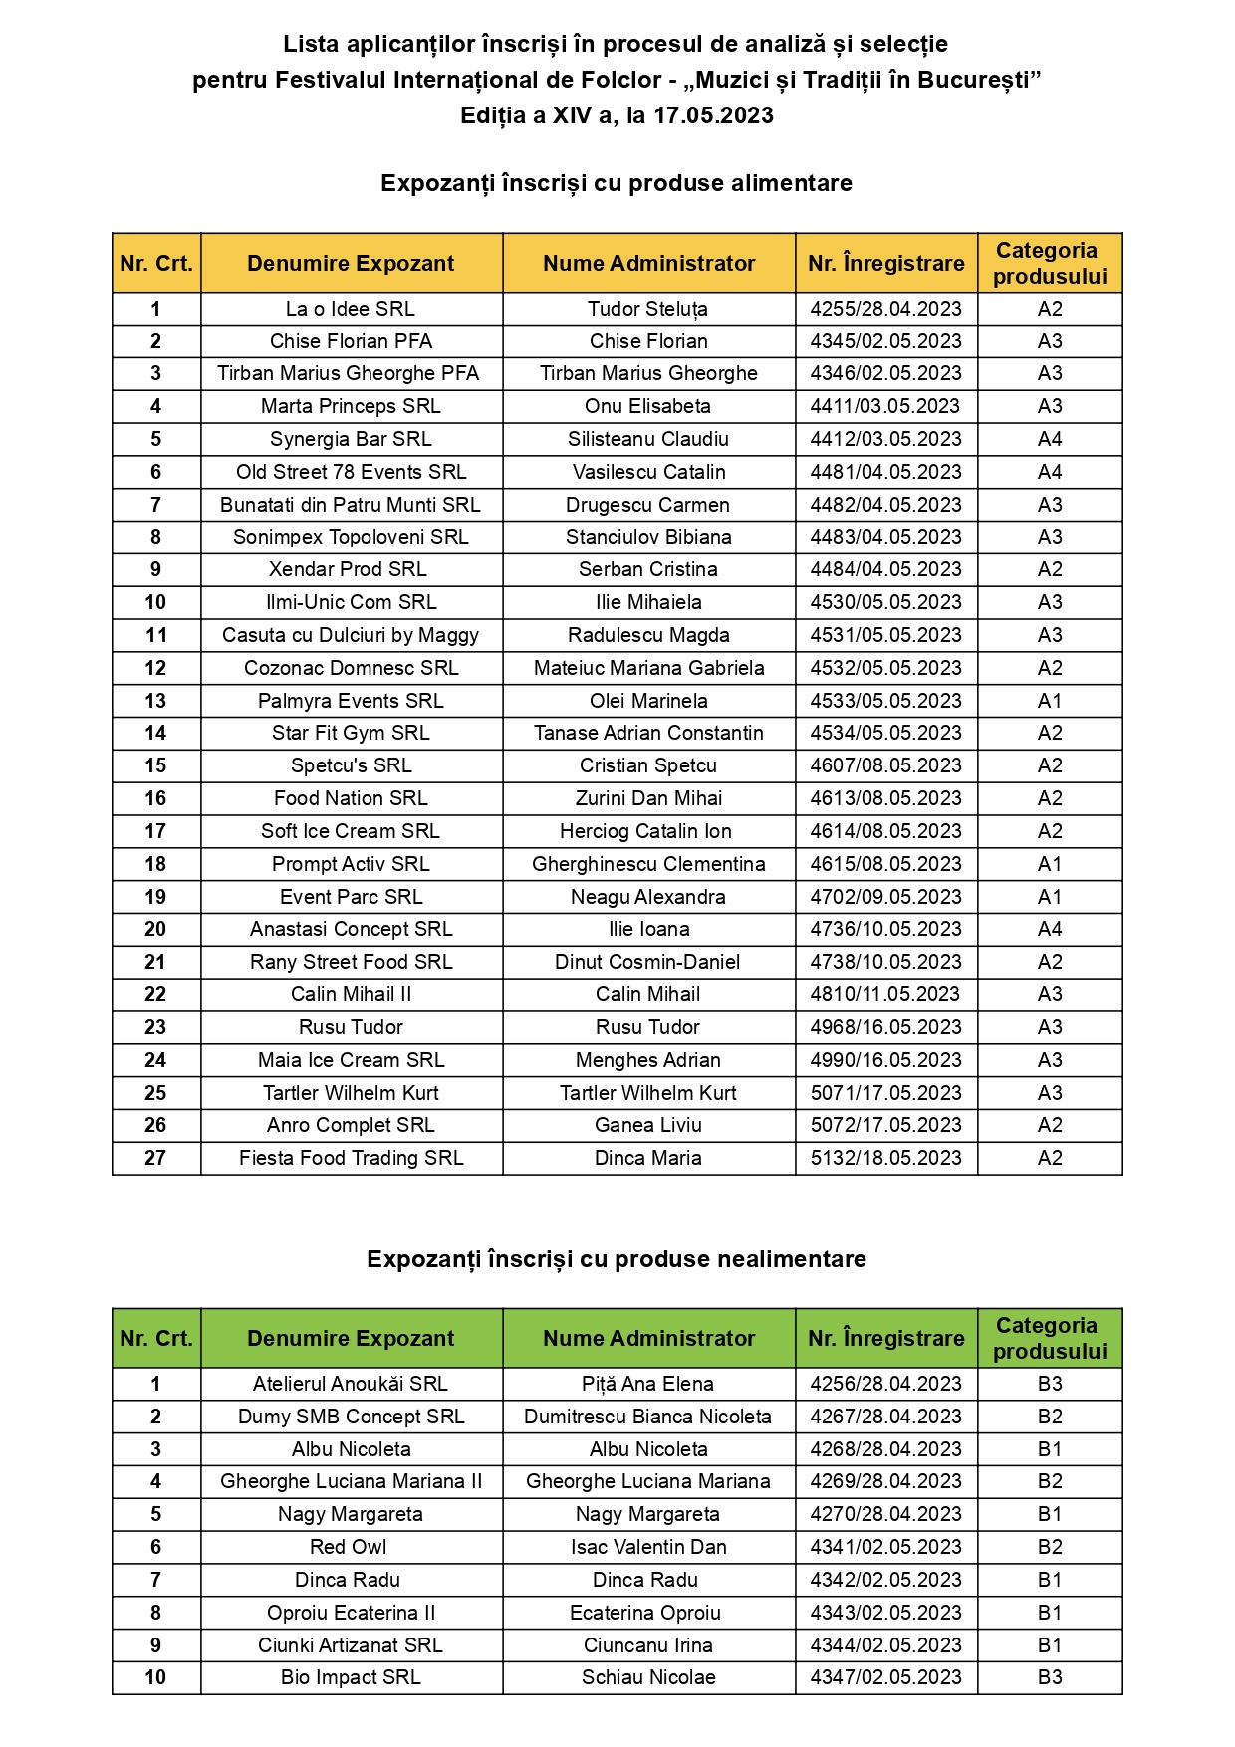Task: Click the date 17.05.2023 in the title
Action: [713, 115]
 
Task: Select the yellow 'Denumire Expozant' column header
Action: [351, 264]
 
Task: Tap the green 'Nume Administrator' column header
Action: [648, 1339]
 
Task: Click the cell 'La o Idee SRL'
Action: [351, 309]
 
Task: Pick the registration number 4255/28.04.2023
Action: [885, 309]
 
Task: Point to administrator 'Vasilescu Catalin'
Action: [648, 472]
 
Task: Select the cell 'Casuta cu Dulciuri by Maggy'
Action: [351, 635]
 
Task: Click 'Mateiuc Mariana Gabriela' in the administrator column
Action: [648, 668]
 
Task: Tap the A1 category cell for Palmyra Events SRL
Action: [1050, 701]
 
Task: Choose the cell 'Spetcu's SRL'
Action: [351, 765]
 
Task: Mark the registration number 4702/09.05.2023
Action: [885, 897]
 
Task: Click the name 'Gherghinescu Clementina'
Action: [648, 864]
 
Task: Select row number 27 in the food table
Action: [155, 1158]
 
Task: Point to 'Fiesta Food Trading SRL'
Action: [351, 1158]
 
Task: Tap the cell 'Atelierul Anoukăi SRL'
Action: [351, 1384]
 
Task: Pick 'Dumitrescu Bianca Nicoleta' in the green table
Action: [648, 1417]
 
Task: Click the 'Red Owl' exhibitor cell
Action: [349, 1547]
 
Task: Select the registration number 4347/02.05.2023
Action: [885, 1677]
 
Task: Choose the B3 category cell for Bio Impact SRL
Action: [1050, 1677]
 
